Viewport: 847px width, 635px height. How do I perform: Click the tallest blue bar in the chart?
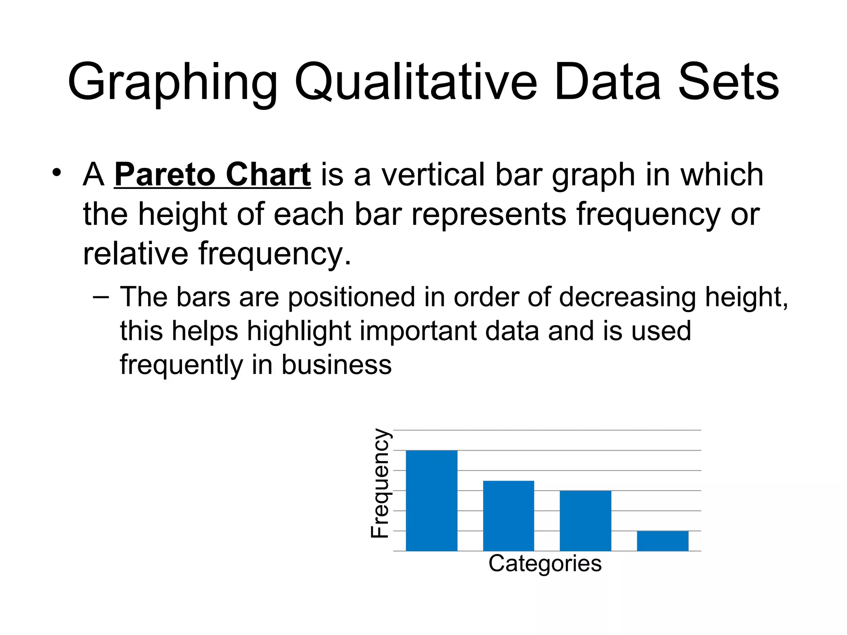tap(431, 500)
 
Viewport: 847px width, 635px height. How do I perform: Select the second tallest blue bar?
tap(508, 516)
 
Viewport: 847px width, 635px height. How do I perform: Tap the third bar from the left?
tap(585, 520)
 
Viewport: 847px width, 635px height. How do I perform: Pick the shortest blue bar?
tap(663, 541)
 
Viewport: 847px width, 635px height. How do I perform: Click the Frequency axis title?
tap(380, 483)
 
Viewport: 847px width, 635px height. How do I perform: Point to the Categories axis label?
tap(545, 563)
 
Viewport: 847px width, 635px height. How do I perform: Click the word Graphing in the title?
tap(172, 83)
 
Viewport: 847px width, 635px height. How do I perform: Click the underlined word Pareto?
tap(165, 175)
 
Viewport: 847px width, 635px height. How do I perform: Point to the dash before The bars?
tap(100, 297)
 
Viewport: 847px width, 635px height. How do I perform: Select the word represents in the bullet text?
tap(488, 214)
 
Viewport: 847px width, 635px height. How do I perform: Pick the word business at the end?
tap(336, 365)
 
